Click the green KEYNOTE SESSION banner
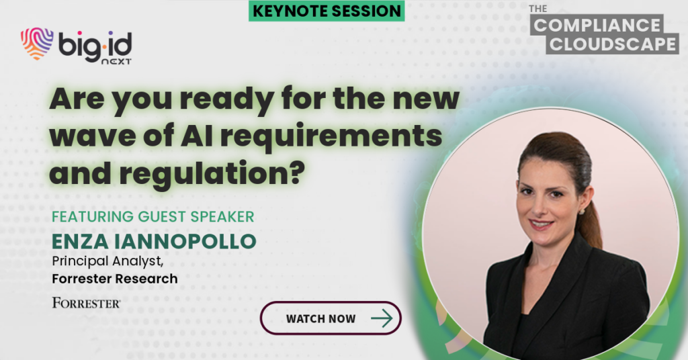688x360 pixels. click(x=327, y=11)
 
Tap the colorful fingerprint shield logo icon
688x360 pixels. click(x=37, y=44)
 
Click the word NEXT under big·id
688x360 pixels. click(x=116, y=62)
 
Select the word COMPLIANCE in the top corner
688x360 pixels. click(x=597, y=25)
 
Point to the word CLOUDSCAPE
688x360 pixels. click(x=613, y=44)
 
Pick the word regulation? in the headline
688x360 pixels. click(x=212, y=174)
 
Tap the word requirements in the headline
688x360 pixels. click(x=331, y=137)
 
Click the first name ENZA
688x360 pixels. click(x=80, y=242)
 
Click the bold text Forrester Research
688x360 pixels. click(x=115, y=279)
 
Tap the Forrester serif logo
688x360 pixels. click(x=87, y=302)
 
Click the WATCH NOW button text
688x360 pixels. click(x=320, y=319)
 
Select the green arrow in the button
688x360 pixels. click(x=382, y=318)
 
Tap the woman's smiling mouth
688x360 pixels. click(x=541, y=225)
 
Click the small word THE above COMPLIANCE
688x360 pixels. click(x=537, y=9)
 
